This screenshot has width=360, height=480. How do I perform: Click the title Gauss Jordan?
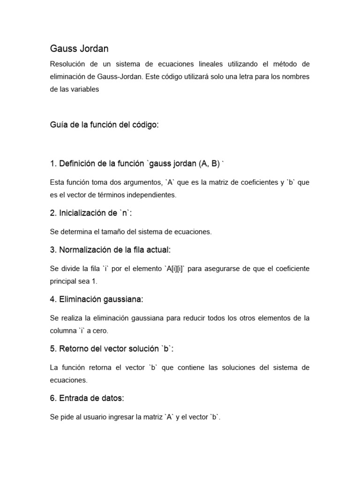79,49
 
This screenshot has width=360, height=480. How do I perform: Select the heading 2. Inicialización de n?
91,213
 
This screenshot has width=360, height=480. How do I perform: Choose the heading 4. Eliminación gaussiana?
96,299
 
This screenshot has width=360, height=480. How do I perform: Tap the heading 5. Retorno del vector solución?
112,349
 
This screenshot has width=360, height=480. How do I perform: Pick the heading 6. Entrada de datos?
87,398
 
